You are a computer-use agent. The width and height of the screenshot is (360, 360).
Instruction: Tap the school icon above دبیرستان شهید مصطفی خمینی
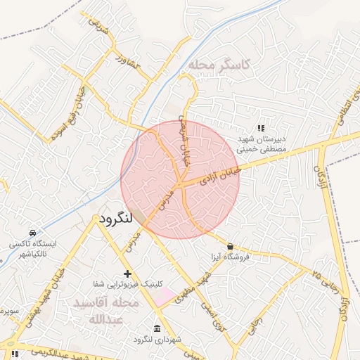tap(261, 128)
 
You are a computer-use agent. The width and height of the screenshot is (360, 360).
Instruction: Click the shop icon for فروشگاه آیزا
tap(231, 246)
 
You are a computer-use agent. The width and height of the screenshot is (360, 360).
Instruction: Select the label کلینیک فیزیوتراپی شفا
tap(128, 284)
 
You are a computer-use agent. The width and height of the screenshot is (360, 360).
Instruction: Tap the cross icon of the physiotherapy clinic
tap(127, 273)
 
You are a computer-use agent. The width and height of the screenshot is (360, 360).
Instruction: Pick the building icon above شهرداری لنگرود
tap(156, 328)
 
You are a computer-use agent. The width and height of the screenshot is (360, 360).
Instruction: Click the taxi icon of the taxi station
tap(32, 233)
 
